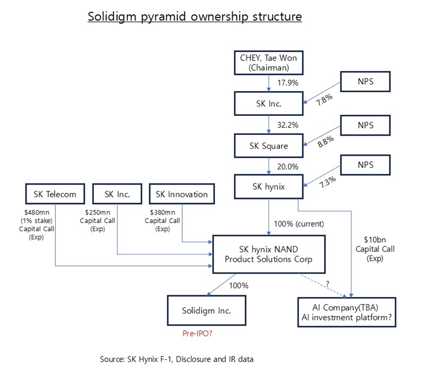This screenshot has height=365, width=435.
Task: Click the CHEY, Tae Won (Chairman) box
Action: tap(268, 63)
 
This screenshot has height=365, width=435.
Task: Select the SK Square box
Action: tap(268, 146)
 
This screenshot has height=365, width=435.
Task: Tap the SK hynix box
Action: tap(268, 186)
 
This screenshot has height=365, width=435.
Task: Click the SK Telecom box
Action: tap(55, 194)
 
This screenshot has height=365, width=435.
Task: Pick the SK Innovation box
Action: tap(181, 194)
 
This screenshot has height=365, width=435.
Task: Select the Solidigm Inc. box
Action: tap(206, 310)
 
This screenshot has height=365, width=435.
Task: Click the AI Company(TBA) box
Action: tap(346, 313)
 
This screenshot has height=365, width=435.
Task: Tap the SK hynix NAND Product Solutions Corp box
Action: tap(268, 254)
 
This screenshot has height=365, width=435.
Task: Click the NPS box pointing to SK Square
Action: tap(365, 126)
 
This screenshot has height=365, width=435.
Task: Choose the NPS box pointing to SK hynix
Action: tap(365, 165)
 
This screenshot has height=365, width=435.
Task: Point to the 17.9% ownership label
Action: tap(288, 82)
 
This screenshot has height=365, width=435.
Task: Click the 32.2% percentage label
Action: tap(288, 125)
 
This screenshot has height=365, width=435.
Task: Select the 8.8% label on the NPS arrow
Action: tap(326, 141)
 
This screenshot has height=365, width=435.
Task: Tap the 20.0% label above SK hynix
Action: tap(288, 167)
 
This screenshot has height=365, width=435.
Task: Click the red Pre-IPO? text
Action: tap(197, 333)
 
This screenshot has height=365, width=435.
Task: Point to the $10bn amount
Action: tap(375, 240)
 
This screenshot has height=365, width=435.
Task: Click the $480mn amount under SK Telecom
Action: tap(37, 213)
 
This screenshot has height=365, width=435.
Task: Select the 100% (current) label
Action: tap(299, 224)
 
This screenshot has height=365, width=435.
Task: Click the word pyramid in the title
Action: tap(163, 17)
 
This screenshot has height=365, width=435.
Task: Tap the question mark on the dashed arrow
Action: tap(328, 284)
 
